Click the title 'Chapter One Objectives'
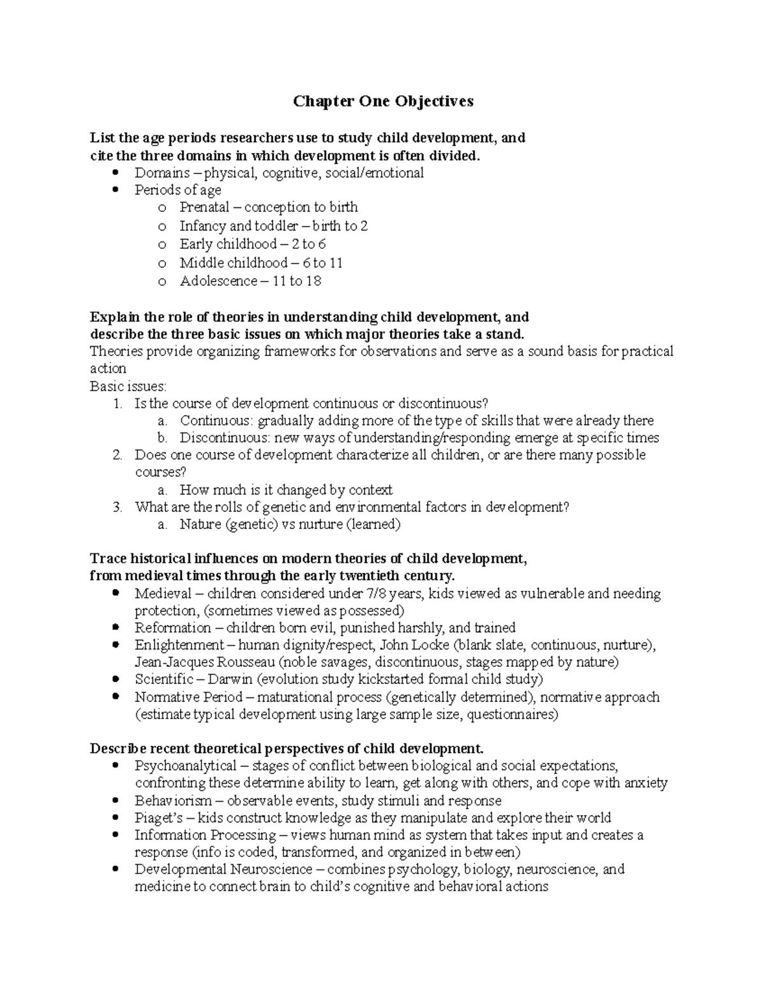pyautogui.click(x=383, y=101)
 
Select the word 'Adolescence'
pyautogui.click(x=218, y=281)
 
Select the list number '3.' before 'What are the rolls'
pyautogui.click(x=117, y=507)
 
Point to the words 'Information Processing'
pyautogui.click(x=205, y=835)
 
